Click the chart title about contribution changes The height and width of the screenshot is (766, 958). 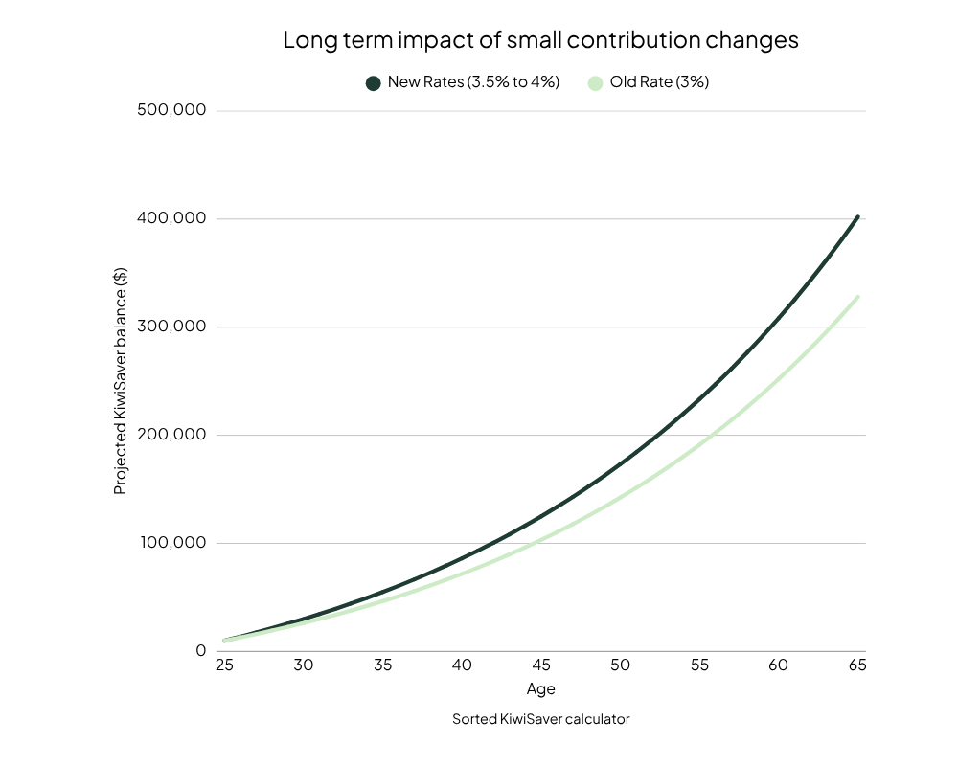[540, 41]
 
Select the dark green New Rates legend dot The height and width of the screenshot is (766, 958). [374, 83]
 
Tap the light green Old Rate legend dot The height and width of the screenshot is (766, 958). [595, 83]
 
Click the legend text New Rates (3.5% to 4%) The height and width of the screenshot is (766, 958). [473, 82]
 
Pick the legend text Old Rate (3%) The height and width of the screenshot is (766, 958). [659, 82]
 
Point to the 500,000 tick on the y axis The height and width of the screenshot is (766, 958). [172, 110]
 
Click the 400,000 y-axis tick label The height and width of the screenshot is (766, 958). [172, 218]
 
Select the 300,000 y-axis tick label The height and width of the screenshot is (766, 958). [172, 327]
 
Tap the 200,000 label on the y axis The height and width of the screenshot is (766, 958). [172, 435]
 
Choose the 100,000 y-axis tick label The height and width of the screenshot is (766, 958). [172, 543]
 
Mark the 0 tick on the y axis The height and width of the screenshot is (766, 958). [201, 651]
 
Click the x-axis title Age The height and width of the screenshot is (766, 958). [540, 689]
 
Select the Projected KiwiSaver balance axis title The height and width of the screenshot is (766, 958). [121, 381]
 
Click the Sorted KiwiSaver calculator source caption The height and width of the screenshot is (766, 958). [540, 719]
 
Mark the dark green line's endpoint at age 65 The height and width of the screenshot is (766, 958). [857, 217]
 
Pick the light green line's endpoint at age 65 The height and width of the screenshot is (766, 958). [857, 297]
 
